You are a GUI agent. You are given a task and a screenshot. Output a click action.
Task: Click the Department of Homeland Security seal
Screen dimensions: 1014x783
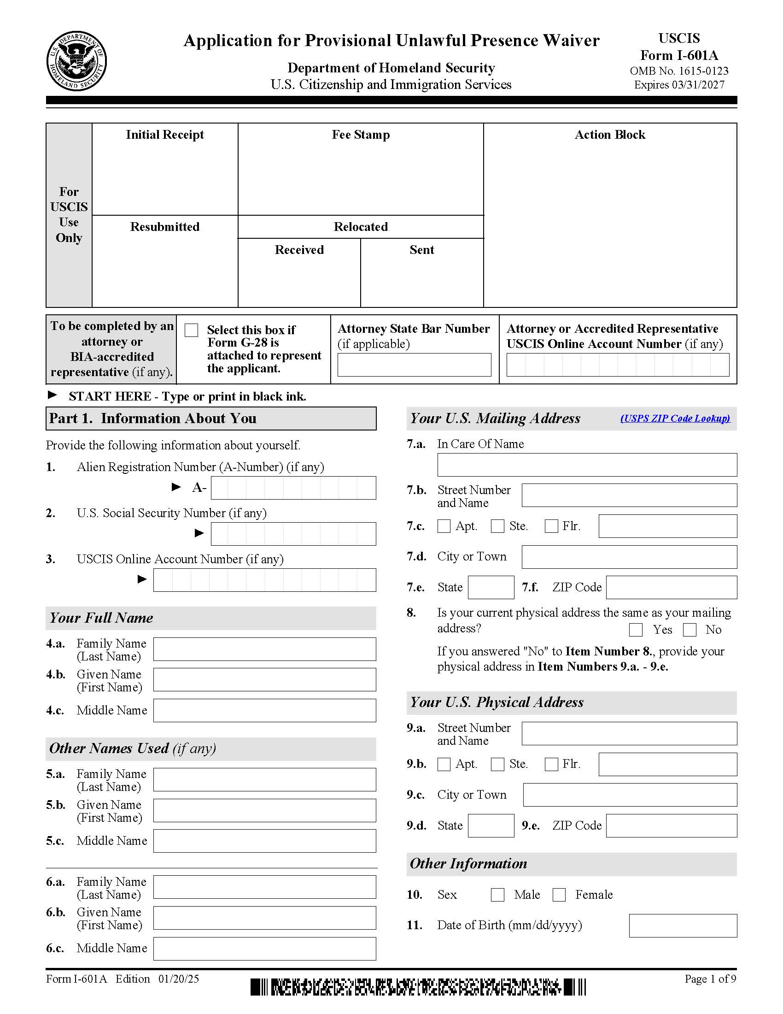[76, 61]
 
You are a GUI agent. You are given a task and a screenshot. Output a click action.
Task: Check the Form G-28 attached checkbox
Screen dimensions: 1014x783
[191, 330]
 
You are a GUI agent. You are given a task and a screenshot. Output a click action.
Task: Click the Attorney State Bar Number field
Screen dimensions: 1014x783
[414, 365]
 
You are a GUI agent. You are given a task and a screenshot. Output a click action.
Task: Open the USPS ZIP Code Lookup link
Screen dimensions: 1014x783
[675, 419]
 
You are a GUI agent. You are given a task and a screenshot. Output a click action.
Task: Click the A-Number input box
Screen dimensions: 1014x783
[293, 488]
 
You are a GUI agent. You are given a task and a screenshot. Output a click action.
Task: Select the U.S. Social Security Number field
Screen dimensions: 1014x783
[293, 534]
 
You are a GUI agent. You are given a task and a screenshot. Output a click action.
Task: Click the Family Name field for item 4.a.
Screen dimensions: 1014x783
[264, 649]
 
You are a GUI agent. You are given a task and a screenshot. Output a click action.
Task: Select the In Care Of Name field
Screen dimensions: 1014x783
[587, 465]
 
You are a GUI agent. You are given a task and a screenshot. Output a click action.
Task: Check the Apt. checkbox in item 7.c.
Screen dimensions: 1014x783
[444, 526]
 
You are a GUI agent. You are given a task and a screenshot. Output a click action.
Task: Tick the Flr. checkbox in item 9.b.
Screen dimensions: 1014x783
[551, 764]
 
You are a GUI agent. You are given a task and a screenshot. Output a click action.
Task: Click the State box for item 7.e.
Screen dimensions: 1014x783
[491, 587]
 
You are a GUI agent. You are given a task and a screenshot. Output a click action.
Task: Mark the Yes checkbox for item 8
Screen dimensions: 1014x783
[636, 630]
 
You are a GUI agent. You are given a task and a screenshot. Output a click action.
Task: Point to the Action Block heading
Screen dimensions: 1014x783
[609, 135]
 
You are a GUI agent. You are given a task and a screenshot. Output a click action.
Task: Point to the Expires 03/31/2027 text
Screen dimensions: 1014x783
[679, 85]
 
